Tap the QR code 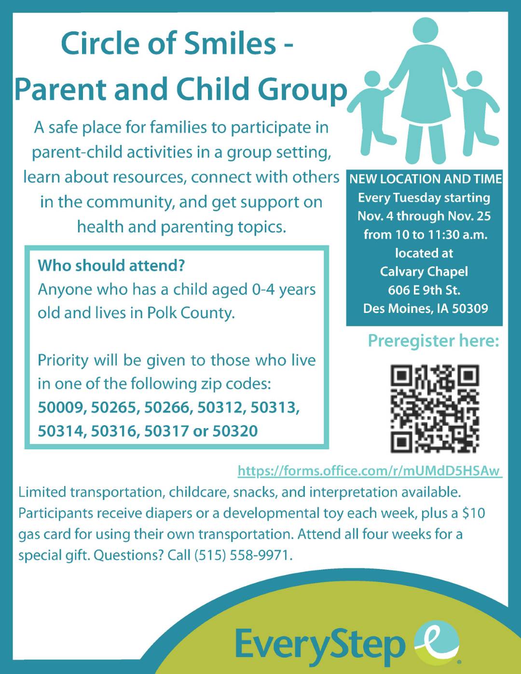(x=434, y=408)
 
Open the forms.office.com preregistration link (x=370, y=471)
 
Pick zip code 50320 (x=235, y=431)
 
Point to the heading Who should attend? (x=111, y=266)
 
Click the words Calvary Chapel (x=424, y=271)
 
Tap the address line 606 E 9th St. (x=424, y=290)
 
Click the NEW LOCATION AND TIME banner (x=425, y=179)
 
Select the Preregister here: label (x=433, y=341)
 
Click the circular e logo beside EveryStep (x=437, y=643)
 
